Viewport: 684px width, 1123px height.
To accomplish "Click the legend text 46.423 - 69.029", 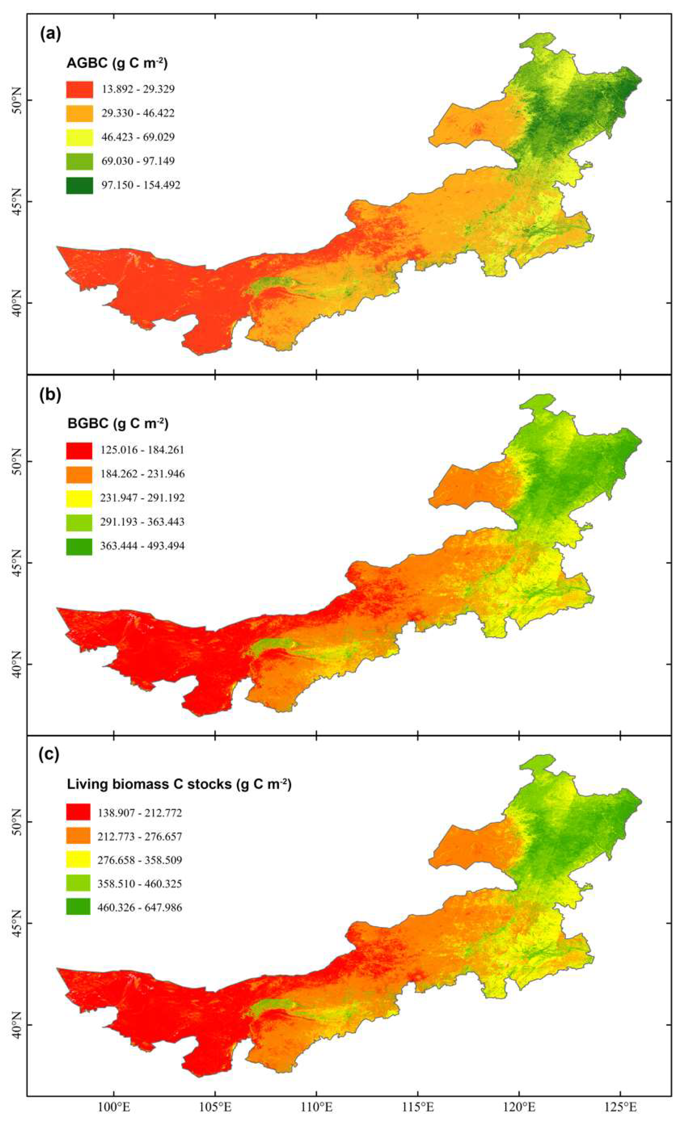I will [138, 137].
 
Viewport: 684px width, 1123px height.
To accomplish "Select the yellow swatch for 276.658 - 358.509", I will [78, 860].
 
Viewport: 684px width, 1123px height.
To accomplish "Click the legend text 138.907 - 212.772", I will [139, 812].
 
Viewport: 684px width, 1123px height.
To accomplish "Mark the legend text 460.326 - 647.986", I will [139, 908].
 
